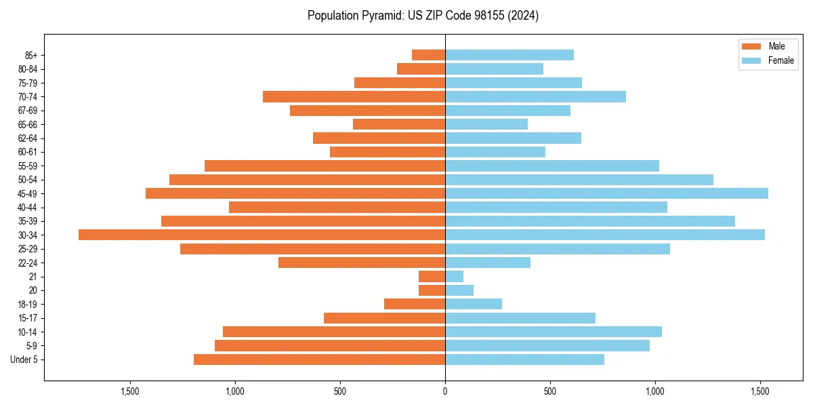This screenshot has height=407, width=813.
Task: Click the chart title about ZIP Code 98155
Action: tap(423, 16)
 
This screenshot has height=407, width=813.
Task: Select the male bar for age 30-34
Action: tap(262, 235)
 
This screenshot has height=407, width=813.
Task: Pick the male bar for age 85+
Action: tap(428, 55)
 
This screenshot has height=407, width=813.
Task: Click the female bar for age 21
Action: tap(454, 276)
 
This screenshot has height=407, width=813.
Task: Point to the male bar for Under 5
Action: tap(319, 360)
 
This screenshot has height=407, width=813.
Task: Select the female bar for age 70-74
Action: tap(535, 96)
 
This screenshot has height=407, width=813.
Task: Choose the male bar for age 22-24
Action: tap(362, 263)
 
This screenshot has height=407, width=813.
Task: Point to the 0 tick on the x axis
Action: tap(445, 391)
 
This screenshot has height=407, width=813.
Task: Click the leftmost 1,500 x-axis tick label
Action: tap(130, 391)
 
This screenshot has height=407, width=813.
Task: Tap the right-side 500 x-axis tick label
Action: tap(550, 391)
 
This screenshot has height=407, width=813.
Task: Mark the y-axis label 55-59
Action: tap(27, 166)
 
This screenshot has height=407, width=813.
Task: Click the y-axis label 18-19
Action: tap(27, 305)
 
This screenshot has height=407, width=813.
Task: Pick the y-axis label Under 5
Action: tap(24, 360)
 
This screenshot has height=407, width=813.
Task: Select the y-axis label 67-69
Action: tap(27, 111)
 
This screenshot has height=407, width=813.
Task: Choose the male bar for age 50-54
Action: tap(307, 180)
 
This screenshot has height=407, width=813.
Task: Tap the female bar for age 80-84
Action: tap(494, 69)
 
